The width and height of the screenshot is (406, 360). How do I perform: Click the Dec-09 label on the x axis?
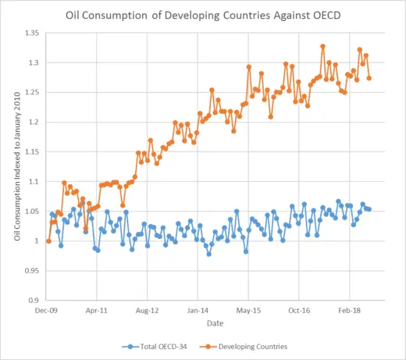tap(48, 310)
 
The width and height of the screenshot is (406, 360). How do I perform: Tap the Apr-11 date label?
tap(98, 310)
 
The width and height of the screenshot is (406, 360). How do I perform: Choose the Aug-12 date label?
tap(148, 310)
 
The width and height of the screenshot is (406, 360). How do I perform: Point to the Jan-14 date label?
tap(198, 310)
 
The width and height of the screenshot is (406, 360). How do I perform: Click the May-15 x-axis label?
tap(249, 310)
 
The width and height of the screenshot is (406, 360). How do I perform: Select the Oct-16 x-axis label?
tap(299, 310)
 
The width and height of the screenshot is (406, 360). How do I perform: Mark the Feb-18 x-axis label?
tap(350, 310)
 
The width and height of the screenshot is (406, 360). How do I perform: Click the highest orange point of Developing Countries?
tap(322, 46)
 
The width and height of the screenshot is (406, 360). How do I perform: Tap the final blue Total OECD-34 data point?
tap(369, 209)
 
